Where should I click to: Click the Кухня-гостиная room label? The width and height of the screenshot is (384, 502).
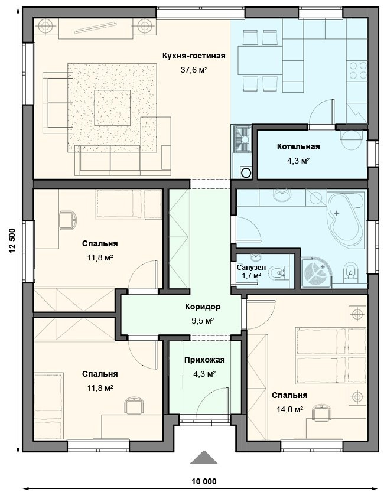pyautogui.click(x=194, y=56)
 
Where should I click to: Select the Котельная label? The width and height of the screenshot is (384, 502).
pyautogui.click(x=298, y=146)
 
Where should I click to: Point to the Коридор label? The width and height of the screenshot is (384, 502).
pyautogui.click(x=203, y=307)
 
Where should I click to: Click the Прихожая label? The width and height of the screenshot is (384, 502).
pyautogui.click(x=204, y=360)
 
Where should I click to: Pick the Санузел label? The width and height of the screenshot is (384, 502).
pyautogui.click(x=252, y=268)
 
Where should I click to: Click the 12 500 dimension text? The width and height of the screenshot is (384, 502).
pyautogui.click(x=12, y=241)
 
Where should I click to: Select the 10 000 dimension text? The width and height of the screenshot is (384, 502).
pyautogui.click(x=204, y=481)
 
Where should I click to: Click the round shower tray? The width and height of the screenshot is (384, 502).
pyautogui.click(x=318, y=273)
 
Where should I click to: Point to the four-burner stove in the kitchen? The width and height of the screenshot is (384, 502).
pyautogui.click(x=358, y=70)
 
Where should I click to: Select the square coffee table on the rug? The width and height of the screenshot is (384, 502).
pyautogui.click(x=112, y=108)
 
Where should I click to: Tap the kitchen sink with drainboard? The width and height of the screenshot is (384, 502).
pyautogui.click(x=242, y=139)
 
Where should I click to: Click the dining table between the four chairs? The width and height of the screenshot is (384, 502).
pyautogui.click(x=260, y=60)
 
